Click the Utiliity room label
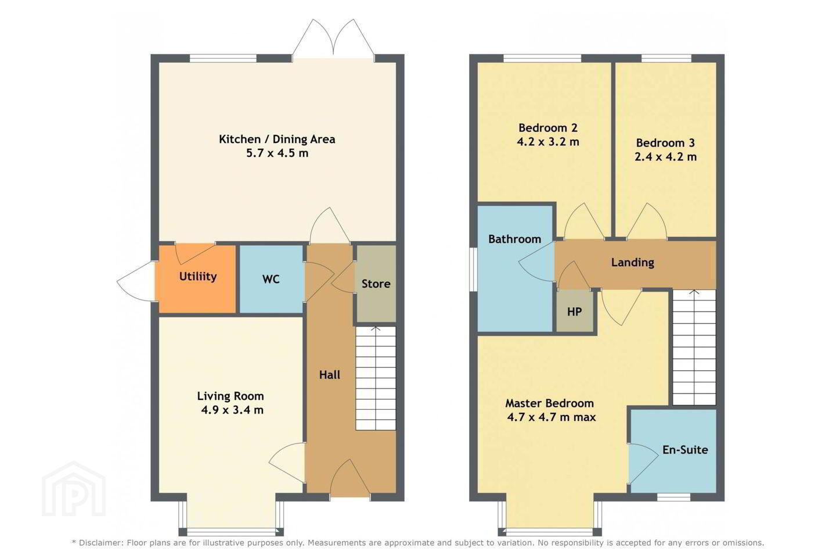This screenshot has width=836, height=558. click(198, 277)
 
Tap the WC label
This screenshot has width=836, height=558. click(271, 279)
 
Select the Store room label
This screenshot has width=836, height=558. click(376, 284)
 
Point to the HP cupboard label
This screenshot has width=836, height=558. click(574, 312)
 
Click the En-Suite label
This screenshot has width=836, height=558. click(685, 450)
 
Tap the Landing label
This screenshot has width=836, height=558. click(633, 262)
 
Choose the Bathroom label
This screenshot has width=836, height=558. click(514, 239)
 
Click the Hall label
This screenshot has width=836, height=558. click(330, 375)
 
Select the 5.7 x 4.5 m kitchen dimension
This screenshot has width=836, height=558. click(278, 153)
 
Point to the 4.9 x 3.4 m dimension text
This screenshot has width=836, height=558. click(232, 410)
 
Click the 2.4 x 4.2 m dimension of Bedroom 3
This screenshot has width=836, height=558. click(665, 156)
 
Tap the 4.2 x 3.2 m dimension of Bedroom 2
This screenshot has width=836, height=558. click(548, 142)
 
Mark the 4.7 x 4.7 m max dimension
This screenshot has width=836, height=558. click(552, 417)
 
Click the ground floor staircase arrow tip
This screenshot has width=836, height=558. click(376, 327)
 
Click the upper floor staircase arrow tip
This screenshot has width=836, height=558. click(694, 290)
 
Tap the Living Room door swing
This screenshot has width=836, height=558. click(287, 463)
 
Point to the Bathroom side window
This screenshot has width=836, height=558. click(473, 269)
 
